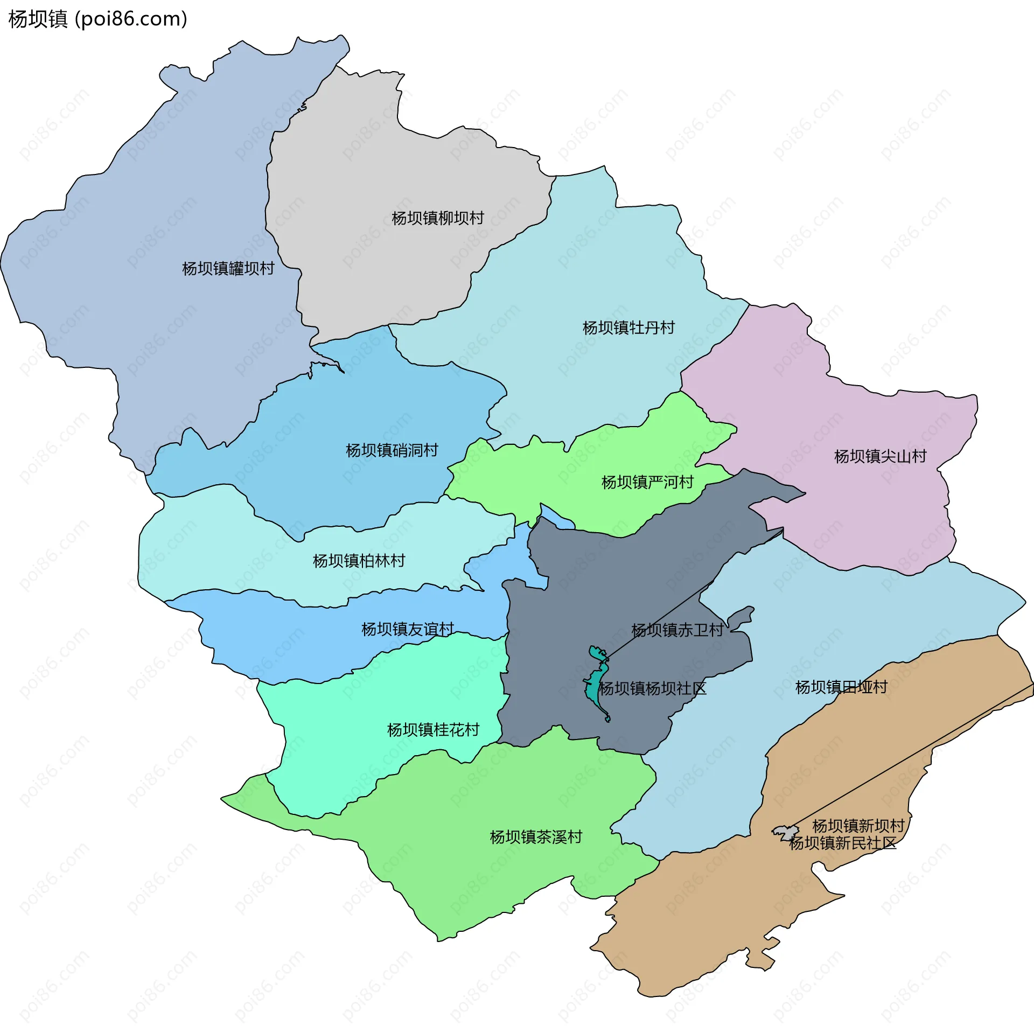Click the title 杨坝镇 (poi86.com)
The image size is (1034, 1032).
tap(98, 19)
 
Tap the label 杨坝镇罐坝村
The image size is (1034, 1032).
tap(228, 268)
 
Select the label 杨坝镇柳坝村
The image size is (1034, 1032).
tap(438, 218)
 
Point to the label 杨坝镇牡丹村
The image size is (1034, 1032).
tap(628, 327)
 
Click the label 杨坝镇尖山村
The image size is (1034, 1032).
tap(880, 456)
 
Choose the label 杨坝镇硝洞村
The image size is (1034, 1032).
tap(392, 450)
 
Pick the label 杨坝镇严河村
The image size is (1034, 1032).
tap(647, 482)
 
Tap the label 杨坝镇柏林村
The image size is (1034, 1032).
tap(359, 561)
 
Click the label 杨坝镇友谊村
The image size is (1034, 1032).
tap(408, 629)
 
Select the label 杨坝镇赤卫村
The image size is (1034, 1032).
tap(677, 630)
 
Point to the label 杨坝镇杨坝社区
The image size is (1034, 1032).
tap(653, 688)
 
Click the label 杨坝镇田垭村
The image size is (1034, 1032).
tap(841, 687)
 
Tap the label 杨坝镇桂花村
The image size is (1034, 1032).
tap(433, 730)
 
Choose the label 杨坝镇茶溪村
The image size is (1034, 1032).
tap(536, 837)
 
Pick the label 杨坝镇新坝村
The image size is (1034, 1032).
tap(858, 826)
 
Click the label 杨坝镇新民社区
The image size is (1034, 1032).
tap(842, 843)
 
